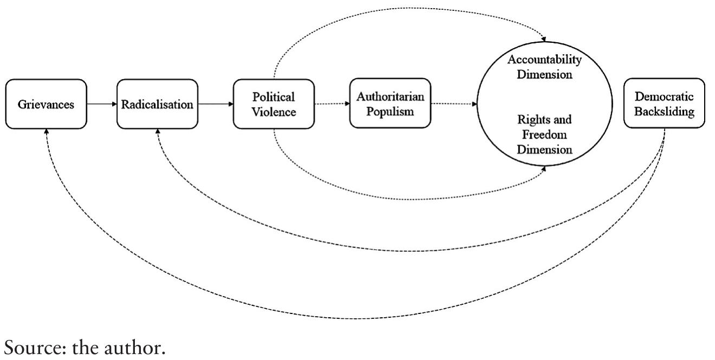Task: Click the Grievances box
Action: coord(46,104)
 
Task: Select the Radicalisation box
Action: coord(157,104)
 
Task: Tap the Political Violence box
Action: coord(274,104)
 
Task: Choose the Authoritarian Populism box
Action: coord(390,103)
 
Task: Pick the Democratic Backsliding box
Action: coord(665,103)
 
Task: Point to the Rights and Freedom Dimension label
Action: coord(545,134)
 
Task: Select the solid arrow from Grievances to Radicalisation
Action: coord(102,104)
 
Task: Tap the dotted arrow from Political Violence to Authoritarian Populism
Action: coord(331,104)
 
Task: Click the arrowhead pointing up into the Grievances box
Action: coord(46,132)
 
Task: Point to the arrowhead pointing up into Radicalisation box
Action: coord(157,132)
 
